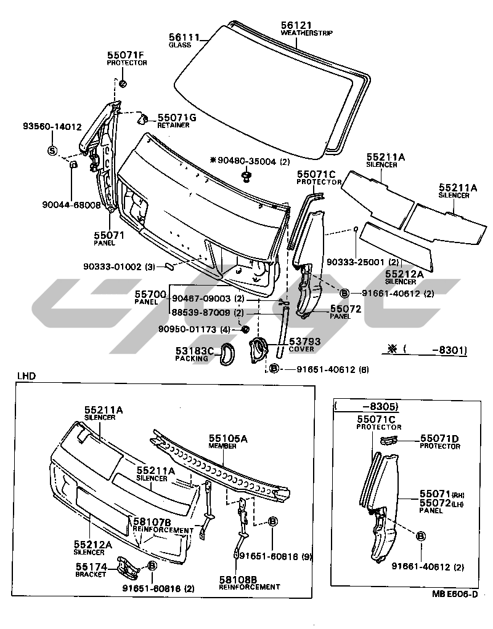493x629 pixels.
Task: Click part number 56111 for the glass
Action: (182, 38)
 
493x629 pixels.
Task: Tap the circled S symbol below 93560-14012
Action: (52, 150)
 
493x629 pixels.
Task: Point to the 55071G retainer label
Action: (176, 117)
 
